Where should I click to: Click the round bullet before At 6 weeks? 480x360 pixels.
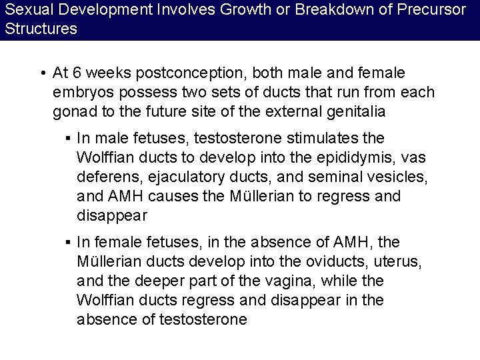tap(42, 72)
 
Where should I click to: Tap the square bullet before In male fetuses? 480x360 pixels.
tap(69, 139)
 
